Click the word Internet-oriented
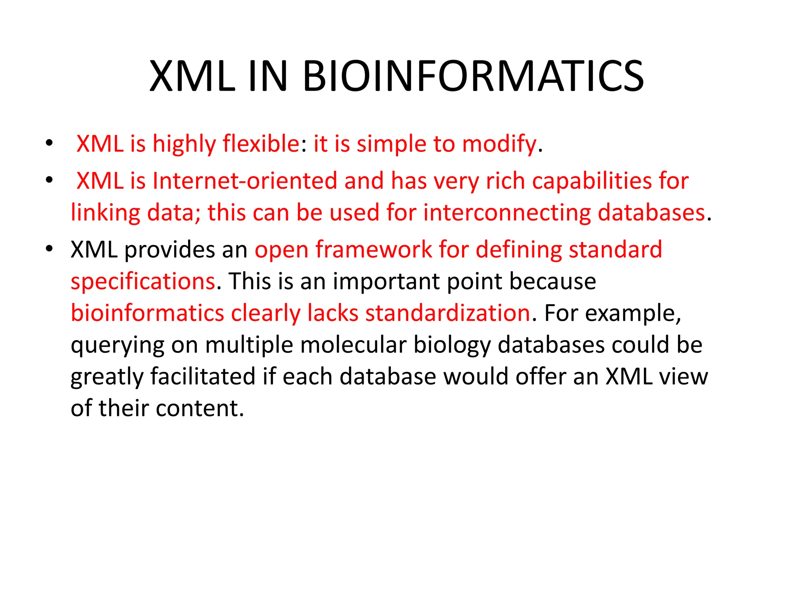pyautogui.click(x=245, y=181)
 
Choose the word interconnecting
pyautogui.click(x=507, y=213)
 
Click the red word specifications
pyautogui.click(x=143, y=281)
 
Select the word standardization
pyautogui.click(x=447, y=313)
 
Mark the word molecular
pyautogui.click(x=354, y=345)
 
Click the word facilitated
pyautogui.click(x=203, y=377)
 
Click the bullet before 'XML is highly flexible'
pyautogui.click(x=49, y=143)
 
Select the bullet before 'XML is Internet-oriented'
pyautogui.click(x=49, y=180)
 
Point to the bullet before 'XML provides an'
pyautogui.click(x=49, y=248)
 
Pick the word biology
pyautogui.click(x=452, y=346)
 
